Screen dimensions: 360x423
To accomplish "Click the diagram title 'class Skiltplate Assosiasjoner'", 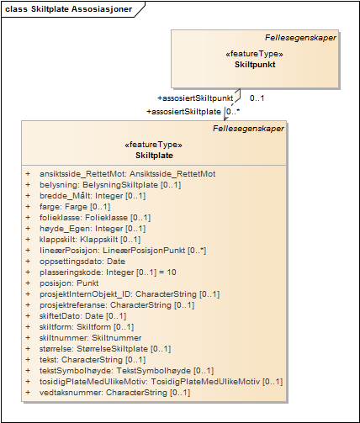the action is [x=69, y=9].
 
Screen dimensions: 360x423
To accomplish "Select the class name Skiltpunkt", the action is [x=255, y=65].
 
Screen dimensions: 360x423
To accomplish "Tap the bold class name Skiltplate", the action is [x=154, y=156].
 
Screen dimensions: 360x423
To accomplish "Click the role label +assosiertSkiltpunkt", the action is [x=195, y=98].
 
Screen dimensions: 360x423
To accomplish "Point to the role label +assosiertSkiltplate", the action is [x=184, y=112].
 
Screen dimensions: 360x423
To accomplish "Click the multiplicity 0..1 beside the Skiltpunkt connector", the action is [x=257, y=98].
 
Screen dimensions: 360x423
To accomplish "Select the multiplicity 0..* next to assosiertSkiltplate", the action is [x=233, y=112].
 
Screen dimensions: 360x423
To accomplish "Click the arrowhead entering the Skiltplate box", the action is [x=226, y=118].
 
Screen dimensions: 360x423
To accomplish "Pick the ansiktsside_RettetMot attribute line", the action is [x=128, y=174].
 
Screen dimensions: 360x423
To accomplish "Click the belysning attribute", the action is [x=110, y=185].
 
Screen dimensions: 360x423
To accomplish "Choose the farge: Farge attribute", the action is [x=75, y=207].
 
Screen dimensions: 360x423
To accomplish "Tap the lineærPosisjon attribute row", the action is [x=123, y=251].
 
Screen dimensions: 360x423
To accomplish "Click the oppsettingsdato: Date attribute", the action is [x=82, y=262].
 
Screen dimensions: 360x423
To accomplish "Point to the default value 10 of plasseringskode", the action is [x=172, y=272].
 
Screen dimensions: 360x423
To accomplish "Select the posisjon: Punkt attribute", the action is [x=69, y=283].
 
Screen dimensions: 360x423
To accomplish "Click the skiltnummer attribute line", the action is [x=90, y=338].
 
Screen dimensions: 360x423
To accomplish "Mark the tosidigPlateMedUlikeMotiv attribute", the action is [x=161, y=382].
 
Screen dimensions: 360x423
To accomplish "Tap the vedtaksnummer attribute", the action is [x=114, y=393].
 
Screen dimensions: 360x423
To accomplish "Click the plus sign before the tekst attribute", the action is [x=28, y=360].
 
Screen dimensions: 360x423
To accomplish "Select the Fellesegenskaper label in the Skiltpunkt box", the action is [x=300, y=38].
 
